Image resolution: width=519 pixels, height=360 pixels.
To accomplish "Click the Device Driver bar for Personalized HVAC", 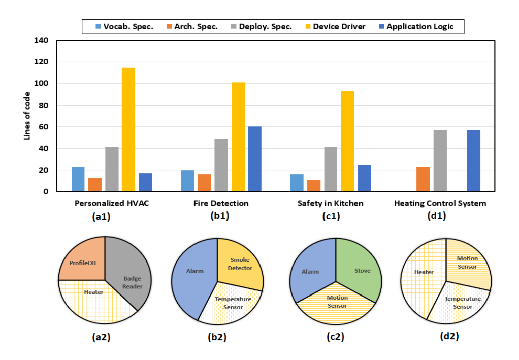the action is (128, 129).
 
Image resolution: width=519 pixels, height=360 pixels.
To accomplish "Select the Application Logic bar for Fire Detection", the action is (254, 159).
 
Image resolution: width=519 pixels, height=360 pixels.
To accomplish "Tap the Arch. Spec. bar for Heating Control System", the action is (423, 179).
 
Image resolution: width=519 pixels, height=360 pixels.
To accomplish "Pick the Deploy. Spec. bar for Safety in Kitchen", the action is (331, 170).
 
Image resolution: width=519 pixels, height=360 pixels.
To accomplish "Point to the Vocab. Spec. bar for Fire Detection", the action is (188, 181).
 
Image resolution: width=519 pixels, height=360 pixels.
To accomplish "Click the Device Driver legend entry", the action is (335, 27).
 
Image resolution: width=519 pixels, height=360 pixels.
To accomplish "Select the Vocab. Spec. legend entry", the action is (124, 27).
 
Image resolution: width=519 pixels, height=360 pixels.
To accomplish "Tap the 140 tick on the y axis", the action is (41, 41).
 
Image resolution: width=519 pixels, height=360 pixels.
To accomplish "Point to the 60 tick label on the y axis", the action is (44, 127).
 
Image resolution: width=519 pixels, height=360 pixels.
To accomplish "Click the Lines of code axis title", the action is (27, 116).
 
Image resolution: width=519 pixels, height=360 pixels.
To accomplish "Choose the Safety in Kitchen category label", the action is (330, 203).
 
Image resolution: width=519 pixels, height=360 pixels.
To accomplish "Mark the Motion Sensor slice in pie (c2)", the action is (336, 305).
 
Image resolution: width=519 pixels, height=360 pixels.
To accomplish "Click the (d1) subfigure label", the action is (437, 216).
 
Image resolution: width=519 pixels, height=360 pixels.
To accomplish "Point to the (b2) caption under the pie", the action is (217, 337).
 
